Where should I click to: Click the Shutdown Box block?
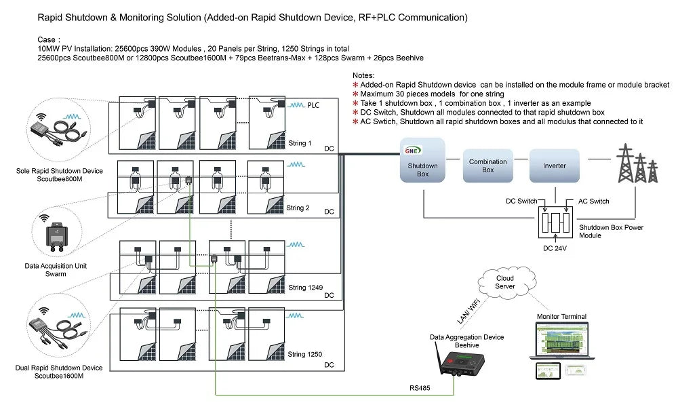coord(422,160)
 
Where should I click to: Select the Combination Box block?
coord(487,166)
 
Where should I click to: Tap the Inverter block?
coord(555,166)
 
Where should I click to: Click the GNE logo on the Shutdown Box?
coord(412,151)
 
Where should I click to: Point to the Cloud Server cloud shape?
coord(506,282)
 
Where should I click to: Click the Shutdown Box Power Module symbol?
coord(556,222)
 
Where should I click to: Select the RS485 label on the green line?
coord(420,388)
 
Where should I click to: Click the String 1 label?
coord(300,143)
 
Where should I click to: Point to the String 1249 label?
coord(305,287)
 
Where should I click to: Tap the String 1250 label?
coord(305,354)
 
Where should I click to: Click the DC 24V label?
coord(555,248)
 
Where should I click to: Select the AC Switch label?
coord(594,201)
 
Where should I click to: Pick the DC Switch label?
coord(521,201)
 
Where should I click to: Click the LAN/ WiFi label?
coord(468,311)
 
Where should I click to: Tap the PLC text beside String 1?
coord(313,105)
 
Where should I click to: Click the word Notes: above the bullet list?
coord(363,75)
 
